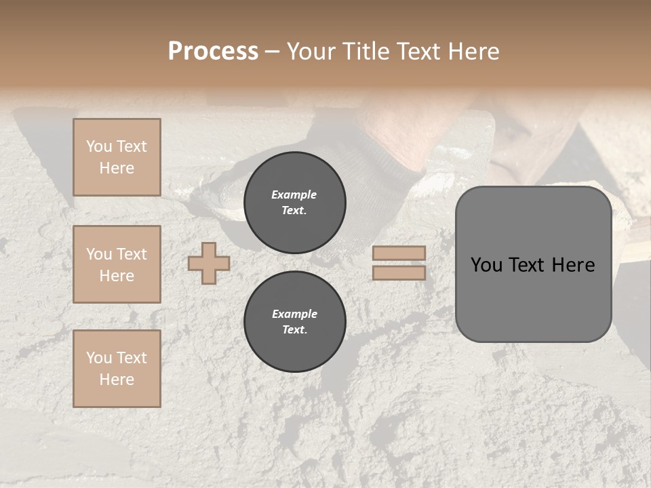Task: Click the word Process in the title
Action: point(213,52)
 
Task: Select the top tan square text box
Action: point(117,157)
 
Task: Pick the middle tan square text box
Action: point(117,264)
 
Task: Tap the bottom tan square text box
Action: point(117,369)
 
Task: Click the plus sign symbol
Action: point(209,263)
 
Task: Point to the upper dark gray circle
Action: point(295,203)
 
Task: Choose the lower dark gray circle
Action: point(295,322)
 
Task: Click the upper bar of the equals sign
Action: point(399,253)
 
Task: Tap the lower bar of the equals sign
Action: point(399,272)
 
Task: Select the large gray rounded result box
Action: point(533,264)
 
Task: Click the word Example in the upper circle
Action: point(294,195)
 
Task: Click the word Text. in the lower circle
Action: point(294,330)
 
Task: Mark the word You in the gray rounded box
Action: point(487,265)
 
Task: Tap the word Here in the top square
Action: point(117,168)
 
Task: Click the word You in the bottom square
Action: point(99,358)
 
